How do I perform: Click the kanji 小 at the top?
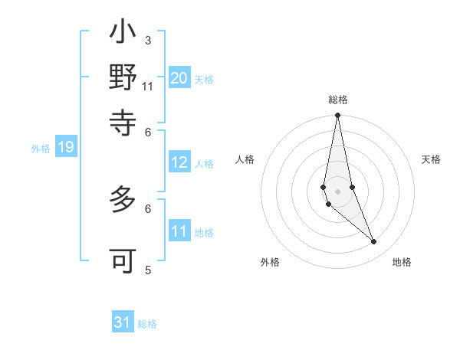[x=123, y=34]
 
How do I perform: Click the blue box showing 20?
[x=179, y=77]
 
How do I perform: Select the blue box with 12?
[x=179, y=162]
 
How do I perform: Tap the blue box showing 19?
[x=65, y=148]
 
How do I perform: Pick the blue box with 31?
[x=123, y=322]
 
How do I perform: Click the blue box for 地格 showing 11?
[x=179, y=231]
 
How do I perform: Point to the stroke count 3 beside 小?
[x=148, y=40]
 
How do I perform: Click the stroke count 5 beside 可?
[x=148, y=270]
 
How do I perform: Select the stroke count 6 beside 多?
[x=148, y=208]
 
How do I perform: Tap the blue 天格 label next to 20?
[x=203, y=79]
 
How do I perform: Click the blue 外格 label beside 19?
[x=41, y=149]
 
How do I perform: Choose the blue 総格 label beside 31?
[x=147, y=324]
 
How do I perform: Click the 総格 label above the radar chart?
[x=337, y=100]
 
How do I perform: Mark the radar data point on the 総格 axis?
[x=337, y=116]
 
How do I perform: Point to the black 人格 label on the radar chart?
[x=245, y=159]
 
